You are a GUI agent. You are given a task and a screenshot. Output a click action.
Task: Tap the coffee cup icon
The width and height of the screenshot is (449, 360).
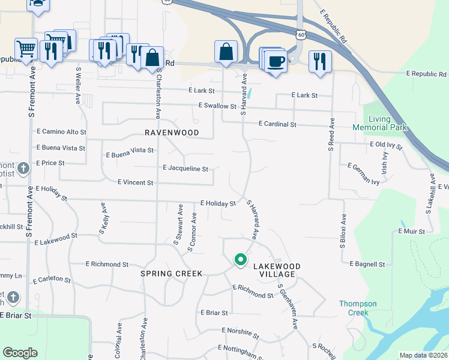coord(276,61)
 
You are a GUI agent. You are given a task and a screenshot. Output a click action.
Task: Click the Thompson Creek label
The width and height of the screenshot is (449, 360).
coord(358,308)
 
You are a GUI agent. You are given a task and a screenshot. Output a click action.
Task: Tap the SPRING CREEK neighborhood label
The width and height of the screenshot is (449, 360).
coord(171,273)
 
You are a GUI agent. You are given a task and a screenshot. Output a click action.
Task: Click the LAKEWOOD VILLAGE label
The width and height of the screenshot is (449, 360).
coord(276,270)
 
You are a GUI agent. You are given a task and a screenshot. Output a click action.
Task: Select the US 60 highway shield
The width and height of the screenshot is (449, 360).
coord(301,35)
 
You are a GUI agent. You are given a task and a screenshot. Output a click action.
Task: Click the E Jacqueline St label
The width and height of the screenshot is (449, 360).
coord(185,169)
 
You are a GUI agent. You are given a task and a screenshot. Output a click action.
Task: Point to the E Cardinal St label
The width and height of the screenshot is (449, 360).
coord(277,124)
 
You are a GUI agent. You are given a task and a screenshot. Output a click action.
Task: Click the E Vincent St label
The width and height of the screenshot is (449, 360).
coord(136,182)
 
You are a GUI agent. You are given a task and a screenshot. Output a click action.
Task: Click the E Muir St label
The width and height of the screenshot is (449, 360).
coord(412,231)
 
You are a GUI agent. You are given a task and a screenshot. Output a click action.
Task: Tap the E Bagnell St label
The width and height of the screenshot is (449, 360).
coord(363,264)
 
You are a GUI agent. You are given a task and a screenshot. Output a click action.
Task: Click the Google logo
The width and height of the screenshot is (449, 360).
coord(20,353)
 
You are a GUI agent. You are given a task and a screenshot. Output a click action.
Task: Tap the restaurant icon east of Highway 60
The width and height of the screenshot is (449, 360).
coord(318,61)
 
